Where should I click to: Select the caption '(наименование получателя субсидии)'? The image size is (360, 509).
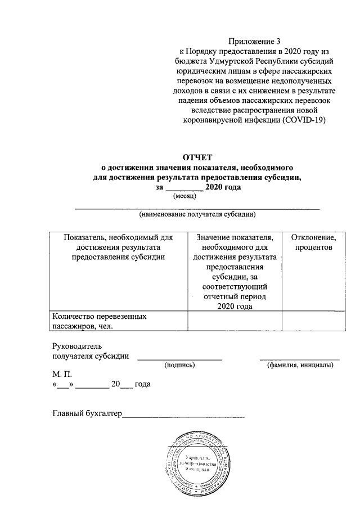click(x=198, y=214)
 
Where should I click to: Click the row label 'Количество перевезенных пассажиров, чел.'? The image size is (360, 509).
click(x=98, y=321)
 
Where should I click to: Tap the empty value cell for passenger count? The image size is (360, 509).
click(x=235, y=321)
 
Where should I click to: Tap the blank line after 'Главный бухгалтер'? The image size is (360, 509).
click(x=183, y=417)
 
